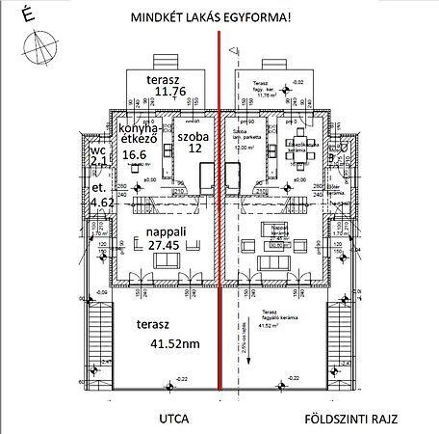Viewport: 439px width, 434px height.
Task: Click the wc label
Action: click(x=96, y=151)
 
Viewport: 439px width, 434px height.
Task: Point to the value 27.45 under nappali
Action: click(x=166, y=246)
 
